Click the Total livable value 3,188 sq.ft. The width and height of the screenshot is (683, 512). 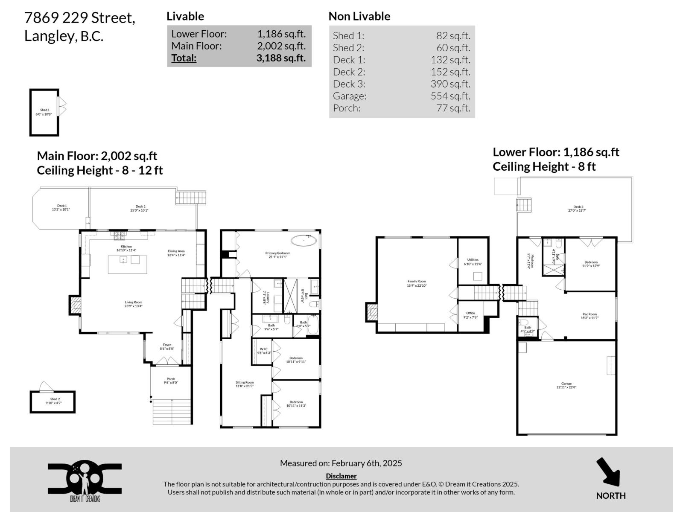(x=281, y=58)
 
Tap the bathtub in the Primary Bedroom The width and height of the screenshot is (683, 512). (x=304, y=240)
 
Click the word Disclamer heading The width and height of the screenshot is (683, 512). (x=341, y=476)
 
